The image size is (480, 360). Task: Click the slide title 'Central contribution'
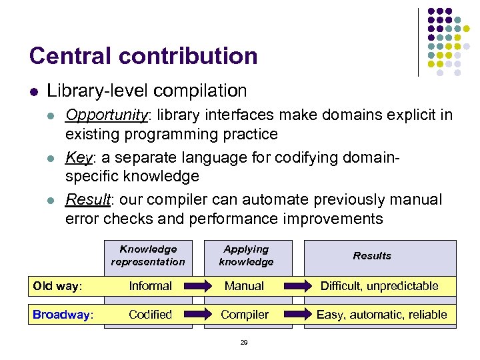143,56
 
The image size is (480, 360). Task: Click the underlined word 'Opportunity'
106,115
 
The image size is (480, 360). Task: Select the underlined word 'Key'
78,157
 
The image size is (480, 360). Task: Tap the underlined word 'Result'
87,199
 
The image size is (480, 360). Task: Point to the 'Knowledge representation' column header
148,255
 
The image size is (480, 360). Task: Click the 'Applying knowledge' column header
246,255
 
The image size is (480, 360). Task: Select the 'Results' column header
372,255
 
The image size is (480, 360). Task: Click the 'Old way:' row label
57,286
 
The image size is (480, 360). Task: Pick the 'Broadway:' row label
63,315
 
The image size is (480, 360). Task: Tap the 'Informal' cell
150,286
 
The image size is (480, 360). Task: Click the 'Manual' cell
245,286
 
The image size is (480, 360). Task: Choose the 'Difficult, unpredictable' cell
379,286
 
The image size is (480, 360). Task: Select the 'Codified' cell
150,315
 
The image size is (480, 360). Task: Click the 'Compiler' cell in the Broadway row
245,315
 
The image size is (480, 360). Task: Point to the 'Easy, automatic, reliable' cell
381,315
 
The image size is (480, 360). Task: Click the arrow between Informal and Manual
197,287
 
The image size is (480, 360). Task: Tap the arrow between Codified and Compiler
197,315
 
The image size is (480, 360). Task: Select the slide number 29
243,342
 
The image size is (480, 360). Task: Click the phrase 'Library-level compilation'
147,91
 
